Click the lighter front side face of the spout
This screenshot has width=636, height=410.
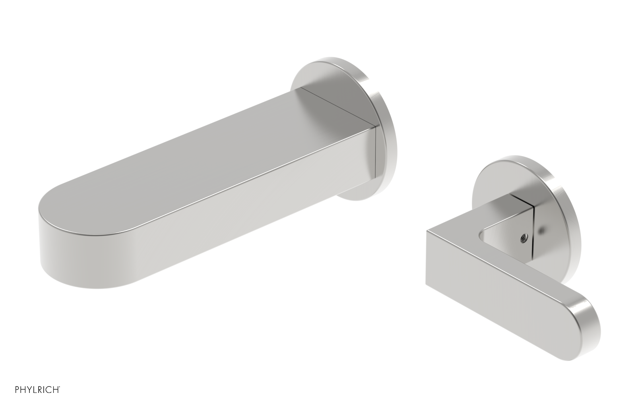click(x=238, y=222)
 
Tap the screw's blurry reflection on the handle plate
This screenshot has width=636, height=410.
click(x=542, y=230)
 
